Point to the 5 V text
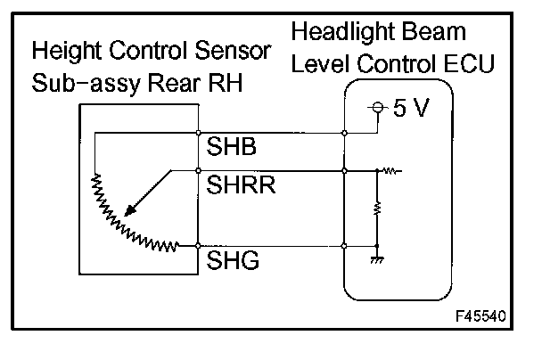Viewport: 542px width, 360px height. pos(410,110)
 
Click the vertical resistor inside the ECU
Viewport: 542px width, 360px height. pos(378,209)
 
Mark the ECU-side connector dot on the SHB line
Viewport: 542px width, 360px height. pos(345,133)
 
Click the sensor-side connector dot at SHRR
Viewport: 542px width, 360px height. pos(197,169)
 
